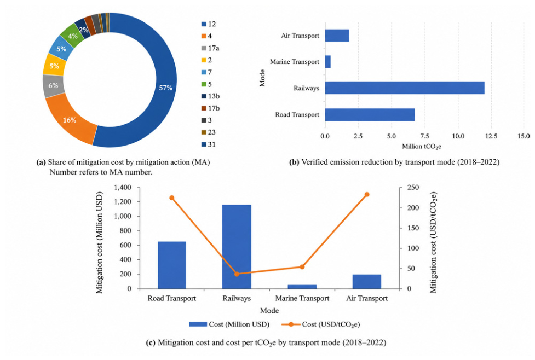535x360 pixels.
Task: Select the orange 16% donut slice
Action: [x=70, y=120]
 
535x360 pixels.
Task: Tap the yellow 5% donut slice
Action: [x=54, y=66]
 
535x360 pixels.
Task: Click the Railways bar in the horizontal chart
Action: [x=405, y=88]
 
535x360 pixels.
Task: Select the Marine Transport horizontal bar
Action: [x=328, y=62]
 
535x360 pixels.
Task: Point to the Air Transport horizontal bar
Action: [x=337, y=36]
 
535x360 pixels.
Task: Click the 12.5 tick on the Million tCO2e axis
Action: [x=491, y=136]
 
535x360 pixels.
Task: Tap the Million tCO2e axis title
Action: [x=422, y=147]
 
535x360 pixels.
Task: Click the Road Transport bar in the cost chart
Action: [x=172, y=265]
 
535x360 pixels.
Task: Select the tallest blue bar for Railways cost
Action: [x=237, y=247]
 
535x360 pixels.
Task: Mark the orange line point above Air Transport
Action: [x=367, y=195]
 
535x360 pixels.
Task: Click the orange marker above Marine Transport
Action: [x=302, y=266]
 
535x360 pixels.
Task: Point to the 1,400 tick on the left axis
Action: [x=123, y=188]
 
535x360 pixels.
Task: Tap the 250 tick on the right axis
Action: [x=413, y=188]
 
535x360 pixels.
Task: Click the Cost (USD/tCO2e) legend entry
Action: [x=321, y=324]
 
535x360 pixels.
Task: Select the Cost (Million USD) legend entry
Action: [x=229, y=324]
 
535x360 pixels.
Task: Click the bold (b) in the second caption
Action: [x=294, y=162]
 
